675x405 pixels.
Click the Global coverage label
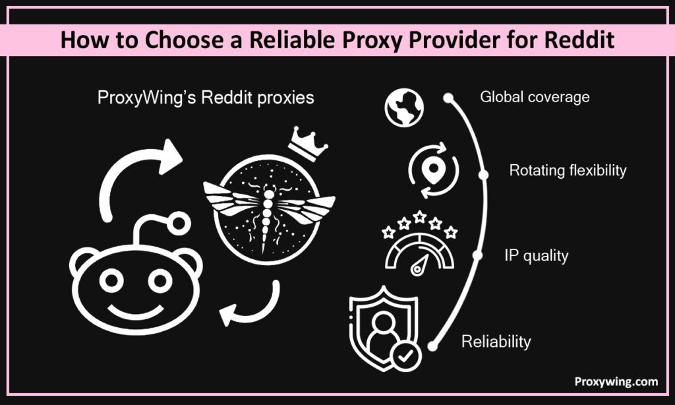(535, 98)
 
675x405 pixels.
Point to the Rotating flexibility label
(568, 171)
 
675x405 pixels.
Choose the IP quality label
(536, 256)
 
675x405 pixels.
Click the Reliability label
(496, 342)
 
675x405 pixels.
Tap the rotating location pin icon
(432, 173)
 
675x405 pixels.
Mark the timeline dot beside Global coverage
(450, 98)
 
